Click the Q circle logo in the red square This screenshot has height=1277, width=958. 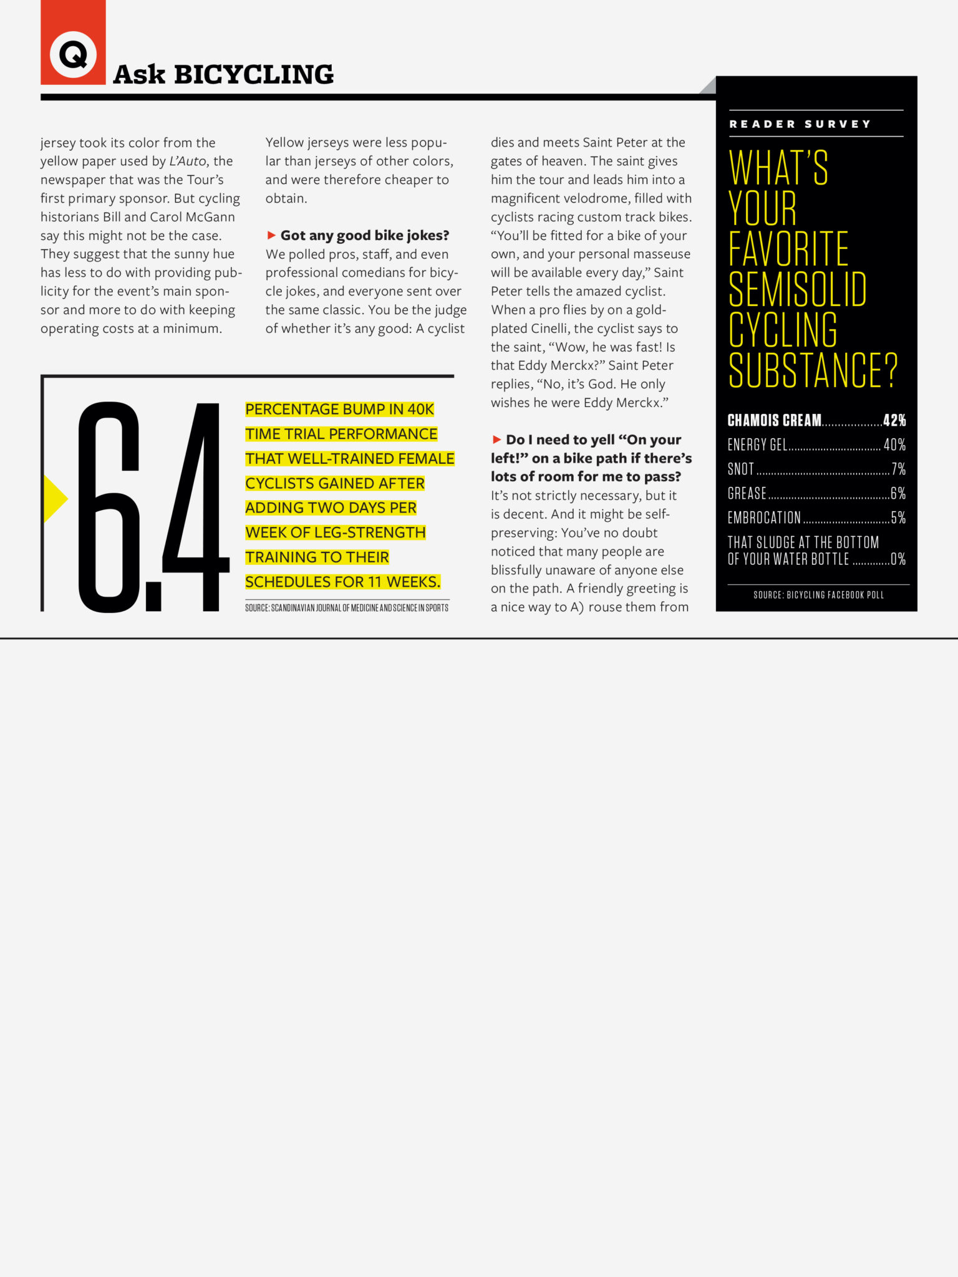[73, 55]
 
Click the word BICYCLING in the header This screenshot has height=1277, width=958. [253, 75]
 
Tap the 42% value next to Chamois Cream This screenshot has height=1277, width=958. [894, 420]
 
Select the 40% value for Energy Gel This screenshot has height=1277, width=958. [894, 445]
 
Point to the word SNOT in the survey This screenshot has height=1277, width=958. [740, 469]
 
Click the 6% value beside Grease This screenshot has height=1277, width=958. [898, 493]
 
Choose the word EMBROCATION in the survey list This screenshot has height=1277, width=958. [764, 518]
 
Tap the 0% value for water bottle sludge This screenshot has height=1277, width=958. [898, 559]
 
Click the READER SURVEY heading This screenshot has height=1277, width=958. [800, 124]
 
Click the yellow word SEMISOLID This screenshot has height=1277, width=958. [797, 289]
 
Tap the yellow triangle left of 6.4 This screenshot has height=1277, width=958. [54, 498]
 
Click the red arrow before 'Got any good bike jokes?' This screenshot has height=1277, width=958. [271, 235]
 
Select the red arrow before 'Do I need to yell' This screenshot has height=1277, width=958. [496, 440]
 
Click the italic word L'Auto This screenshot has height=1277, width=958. [187, 161]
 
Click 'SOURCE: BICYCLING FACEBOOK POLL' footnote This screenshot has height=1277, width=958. [818, 595]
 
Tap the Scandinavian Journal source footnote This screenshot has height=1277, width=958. [346, 607]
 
